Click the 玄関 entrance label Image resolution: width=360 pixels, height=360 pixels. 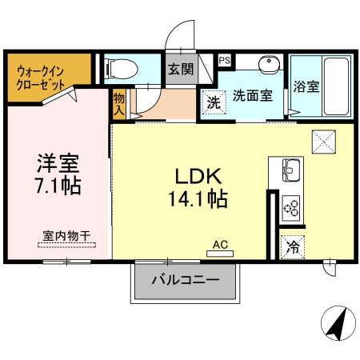[x=181, y=70]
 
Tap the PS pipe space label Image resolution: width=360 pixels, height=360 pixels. [x=225, y=59]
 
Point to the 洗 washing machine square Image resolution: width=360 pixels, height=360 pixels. [x=213, y=102]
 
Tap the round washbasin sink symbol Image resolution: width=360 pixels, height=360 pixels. [x=267, y=63]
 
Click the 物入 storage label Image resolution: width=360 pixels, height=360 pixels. [x=119, y=105]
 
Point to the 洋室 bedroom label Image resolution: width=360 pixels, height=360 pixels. [x=57, y=165]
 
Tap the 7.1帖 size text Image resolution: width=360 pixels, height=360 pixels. [x=57, y=188]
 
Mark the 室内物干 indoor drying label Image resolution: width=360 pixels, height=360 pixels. [x=66, y=236]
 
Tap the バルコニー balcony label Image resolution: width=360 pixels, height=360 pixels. [x=185, y=281]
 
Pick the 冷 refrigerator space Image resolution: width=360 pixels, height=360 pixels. [x=293, y=247]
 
